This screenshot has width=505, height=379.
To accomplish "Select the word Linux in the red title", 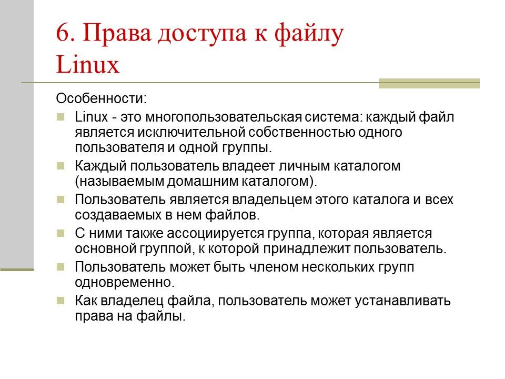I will [x=88, y=65].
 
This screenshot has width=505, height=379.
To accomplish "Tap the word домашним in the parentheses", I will [x=196, y=182].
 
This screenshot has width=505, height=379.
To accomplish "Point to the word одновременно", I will [x=124, y=282].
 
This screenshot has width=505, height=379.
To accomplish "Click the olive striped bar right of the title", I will [x=429, y=83].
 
